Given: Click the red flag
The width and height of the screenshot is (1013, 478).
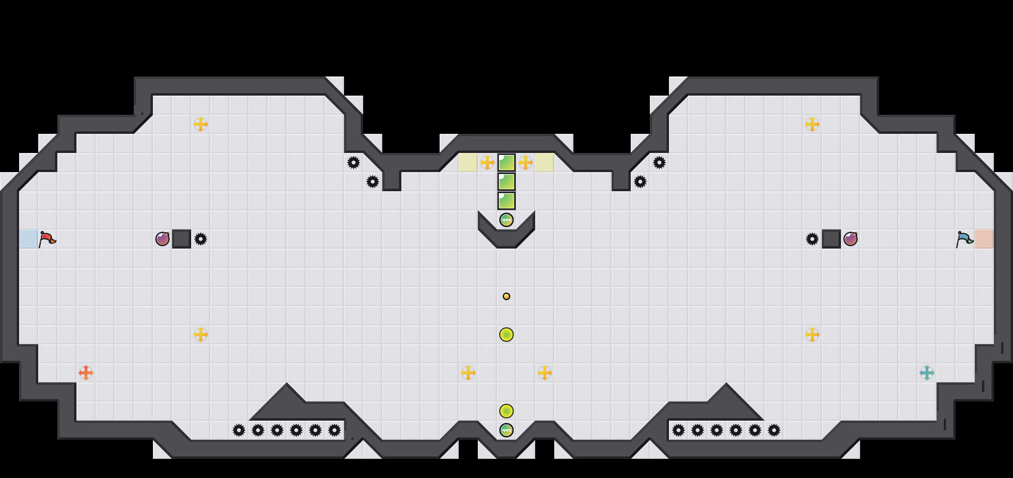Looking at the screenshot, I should pos(47,239).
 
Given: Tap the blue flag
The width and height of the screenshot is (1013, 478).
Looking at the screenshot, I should pos(964,239).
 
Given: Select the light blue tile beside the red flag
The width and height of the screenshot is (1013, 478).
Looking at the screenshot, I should pos(29,239).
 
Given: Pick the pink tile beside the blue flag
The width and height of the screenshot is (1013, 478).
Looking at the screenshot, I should pos(984,239).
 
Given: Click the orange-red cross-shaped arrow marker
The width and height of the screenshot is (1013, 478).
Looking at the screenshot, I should pos(86,373).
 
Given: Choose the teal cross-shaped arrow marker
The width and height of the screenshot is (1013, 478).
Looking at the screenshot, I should pos(927,373).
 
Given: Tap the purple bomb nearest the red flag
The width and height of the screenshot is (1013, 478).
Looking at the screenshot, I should pos(162,239).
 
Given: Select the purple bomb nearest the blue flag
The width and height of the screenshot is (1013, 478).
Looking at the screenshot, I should pos(851,239).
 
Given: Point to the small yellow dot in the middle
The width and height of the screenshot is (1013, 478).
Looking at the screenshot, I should pos(506,296).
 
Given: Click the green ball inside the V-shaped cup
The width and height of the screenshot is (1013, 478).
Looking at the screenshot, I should pos(506,220).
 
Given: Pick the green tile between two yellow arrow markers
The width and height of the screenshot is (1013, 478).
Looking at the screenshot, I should pos(506,163).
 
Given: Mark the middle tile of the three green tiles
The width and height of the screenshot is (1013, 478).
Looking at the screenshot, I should pos(506,182).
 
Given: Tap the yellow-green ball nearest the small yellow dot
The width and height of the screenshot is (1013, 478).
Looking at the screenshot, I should pos(506,335).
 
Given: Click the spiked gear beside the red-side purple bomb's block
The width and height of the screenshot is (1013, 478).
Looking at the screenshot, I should pos(201,239).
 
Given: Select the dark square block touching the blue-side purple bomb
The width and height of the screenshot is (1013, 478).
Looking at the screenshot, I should pos(831,239).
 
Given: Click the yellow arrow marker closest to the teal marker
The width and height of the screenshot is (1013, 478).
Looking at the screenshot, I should pos(812,335).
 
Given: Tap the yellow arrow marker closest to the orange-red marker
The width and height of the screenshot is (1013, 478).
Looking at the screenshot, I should pos(201,335).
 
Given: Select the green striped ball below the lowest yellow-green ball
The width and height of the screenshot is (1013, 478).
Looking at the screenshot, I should pos(506,430).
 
